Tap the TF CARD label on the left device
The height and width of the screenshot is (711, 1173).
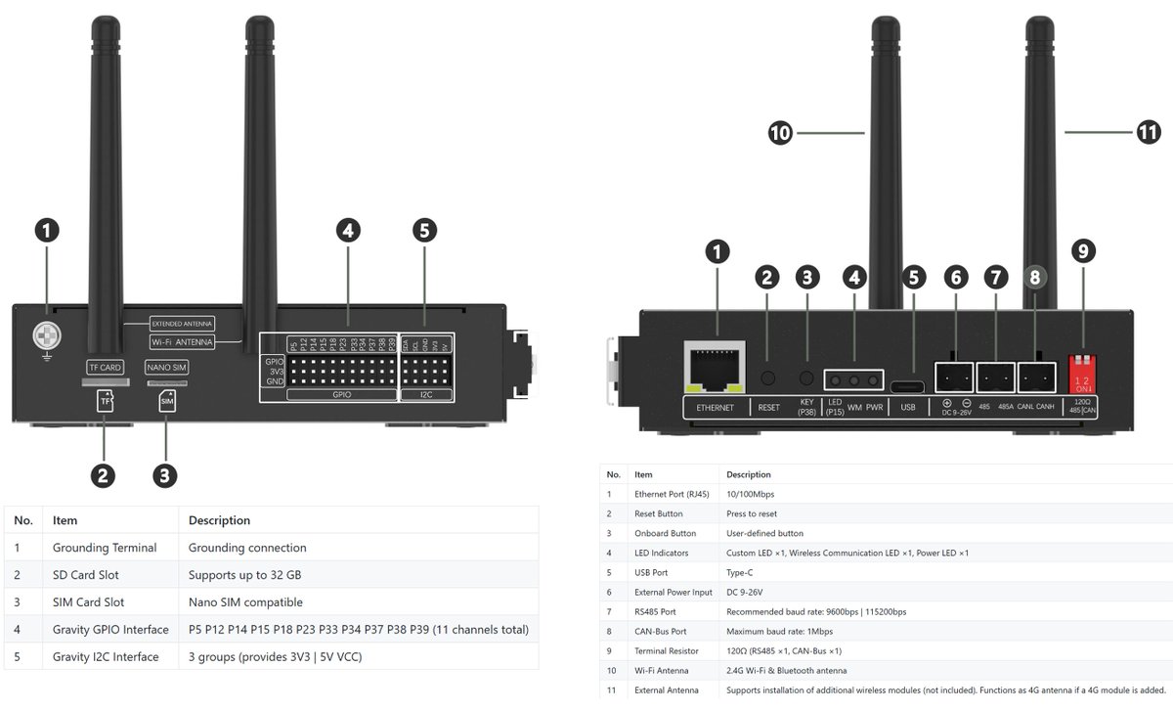pos(104,368)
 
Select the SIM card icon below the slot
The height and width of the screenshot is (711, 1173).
pos(166,402)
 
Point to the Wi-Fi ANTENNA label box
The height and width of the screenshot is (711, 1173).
pos(182,342)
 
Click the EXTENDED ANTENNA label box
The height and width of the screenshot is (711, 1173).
pos(182,323)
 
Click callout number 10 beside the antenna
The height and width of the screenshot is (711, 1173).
pos(780,133)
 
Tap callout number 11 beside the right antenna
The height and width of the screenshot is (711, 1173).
pos(1150,133)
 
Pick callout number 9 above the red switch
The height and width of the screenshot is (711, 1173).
pos(1081,251)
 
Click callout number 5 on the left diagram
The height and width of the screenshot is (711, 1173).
pos(423,231)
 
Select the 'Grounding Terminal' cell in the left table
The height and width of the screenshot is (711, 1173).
pos(105,548)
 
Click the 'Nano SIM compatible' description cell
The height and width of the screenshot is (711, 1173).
pos(245,602)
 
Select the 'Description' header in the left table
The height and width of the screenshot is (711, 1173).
pos(219,520)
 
